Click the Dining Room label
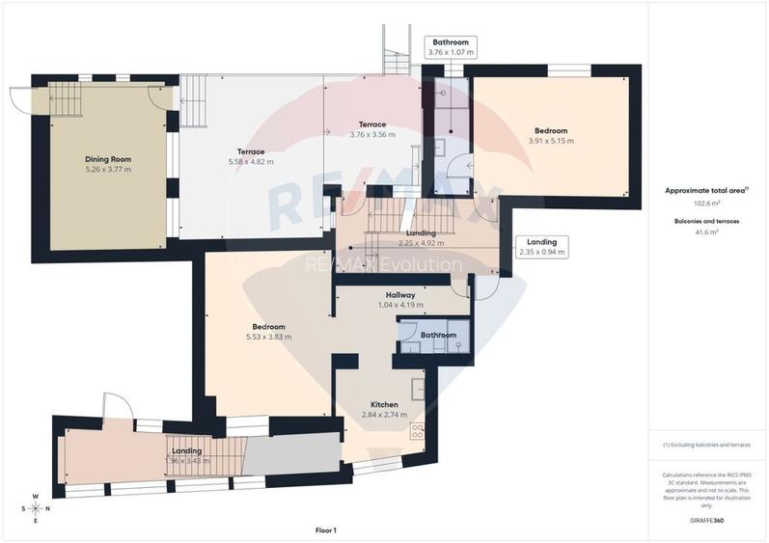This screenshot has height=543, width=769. [x=107, y=159]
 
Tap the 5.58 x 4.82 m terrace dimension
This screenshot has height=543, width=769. [x=250, y=162]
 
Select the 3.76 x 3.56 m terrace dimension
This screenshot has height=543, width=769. [x=372, y=135]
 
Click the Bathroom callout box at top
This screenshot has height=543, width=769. [x=451, y=47]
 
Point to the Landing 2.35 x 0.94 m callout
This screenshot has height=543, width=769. [x=540, y=247]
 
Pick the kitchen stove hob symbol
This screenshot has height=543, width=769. [x=419, y=430]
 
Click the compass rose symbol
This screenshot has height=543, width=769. [x=35, y=507]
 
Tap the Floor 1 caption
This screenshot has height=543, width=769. [x=326, y=529]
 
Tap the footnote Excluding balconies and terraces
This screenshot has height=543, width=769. [x=707, y=445]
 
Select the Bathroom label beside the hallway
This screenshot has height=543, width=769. [x=437, y=335]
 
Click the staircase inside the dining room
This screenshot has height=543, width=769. [x=64, y=98]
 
